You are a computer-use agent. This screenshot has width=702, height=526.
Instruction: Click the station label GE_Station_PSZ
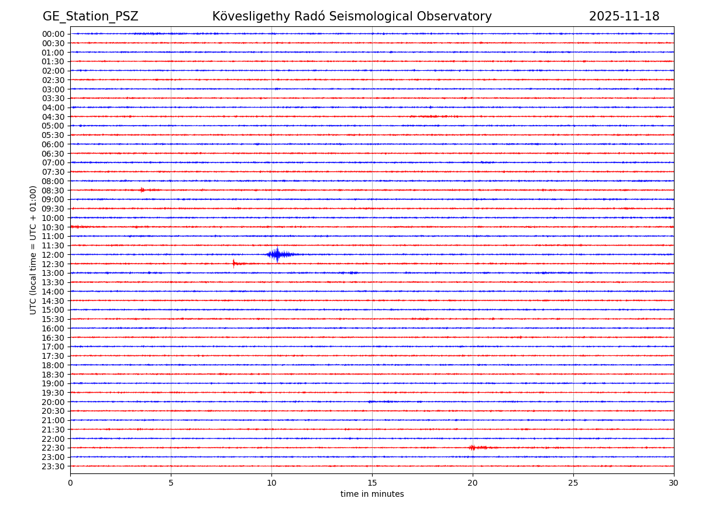91,17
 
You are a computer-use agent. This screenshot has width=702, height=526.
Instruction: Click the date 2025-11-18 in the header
624,17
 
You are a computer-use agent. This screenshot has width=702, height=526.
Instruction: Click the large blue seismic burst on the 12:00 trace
277,254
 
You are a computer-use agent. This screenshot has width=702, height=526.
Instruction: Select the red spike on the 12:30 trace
234,264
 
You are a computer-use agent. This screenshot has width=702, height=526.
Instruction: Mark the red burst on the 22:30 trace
473,448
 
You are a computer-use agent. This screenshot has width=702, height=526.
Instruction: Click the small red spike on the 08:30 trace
142,190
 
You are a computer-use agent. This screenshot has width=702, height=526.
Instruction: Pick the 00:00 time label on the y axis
53,34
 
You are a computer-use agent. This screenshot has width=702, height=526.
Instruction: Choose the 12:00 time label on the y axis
53,255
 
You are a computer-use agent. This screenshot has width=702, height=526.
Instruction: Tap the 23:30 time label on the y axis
53,466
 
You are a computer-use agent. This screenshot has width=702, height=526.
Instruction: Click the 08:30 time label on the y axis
53,191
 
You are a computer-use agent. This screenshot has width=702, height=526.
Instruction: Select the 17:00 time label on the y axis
53,347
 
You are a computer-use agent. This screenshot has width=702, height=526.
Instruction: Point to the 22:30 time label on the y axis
53,448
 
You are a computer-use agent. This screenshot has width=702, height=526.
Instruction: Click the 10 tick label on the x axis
271,483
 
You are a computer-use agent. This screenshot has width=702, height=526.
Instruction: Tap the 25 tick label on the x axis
573,483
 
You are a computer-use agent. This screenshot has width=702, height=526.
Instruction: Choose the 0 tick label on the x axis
70,483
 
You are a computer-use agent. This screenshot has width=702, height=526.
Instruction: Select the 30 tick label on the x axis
674,483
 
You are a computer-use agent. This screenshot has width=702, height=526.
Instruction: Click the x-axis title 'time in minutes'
372,494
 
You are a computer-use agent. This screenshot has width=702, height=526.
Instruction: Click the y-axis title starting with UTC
34,250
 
